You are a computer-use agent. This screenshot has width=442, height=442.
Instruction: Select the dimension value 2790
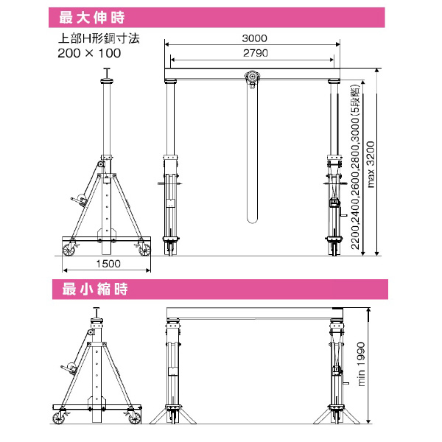254,53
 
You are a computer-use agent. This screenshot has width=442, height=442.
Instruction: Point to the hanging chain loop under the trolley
254,155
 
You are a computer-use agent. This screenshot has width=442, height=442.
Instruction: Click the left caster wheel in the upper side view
69,248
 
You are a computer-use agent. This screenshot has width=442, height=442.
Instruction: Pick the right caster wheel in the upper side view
142,248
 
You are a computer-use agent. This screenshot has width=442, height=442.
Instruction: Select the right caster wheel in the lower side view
134,420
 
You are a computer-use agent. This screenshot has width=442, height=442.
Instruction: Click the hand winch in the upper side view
77,200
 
